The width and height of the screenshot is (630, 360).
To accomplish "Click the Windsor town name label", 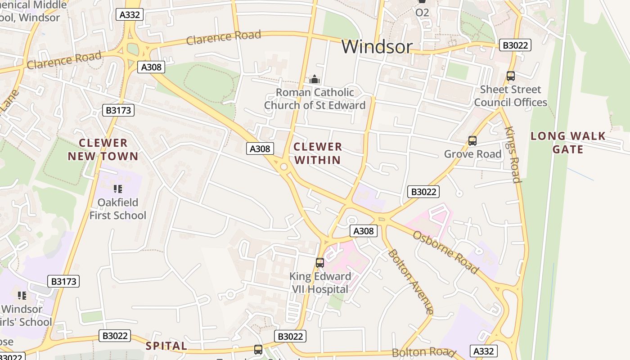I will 377,46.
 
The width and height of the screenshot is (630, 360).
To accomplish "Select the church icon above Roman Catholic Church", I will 314,79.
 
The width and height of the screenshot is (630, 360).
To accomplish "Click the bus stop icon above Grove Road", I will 472,141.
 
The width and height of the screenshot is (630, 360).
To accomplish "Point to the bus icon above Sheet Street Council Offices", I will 510,76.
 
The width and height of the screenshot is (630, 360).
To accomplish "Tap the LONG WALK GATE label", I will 568,143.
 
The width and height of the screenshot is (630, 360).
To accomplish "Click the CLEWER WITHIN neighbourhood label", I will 318,153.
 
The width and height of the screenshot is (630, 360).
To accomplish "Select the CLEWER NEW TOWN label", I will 103,150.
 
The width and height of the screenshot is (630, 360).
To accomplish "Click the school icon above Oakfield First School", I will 117,189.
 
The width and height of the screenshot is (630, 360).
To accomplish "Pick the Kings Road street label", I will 513,155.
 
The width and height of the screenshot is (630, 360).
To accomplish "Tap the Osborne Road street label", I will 445,252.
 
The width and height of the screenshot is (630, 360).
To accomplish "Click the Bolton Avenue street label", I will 411,282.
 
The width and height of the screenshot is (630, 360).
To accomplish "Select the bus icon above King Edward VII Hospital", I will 319,263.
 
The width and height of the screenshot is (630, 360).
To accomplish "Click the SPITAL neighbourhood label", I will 166,346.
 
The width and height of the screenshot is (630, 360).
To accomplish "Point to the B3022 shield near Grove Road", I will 423,192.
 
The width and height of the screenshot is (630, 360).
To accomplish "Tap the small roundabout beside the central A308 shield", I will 283,167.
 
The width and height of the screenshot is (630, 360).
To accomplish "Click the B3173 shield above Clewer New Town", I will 118,110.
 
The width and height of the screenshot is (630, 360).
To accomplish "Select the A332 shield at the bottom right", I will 484,351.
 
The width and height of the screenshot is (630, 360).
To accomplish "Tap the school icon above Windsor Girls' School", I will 22,296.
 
